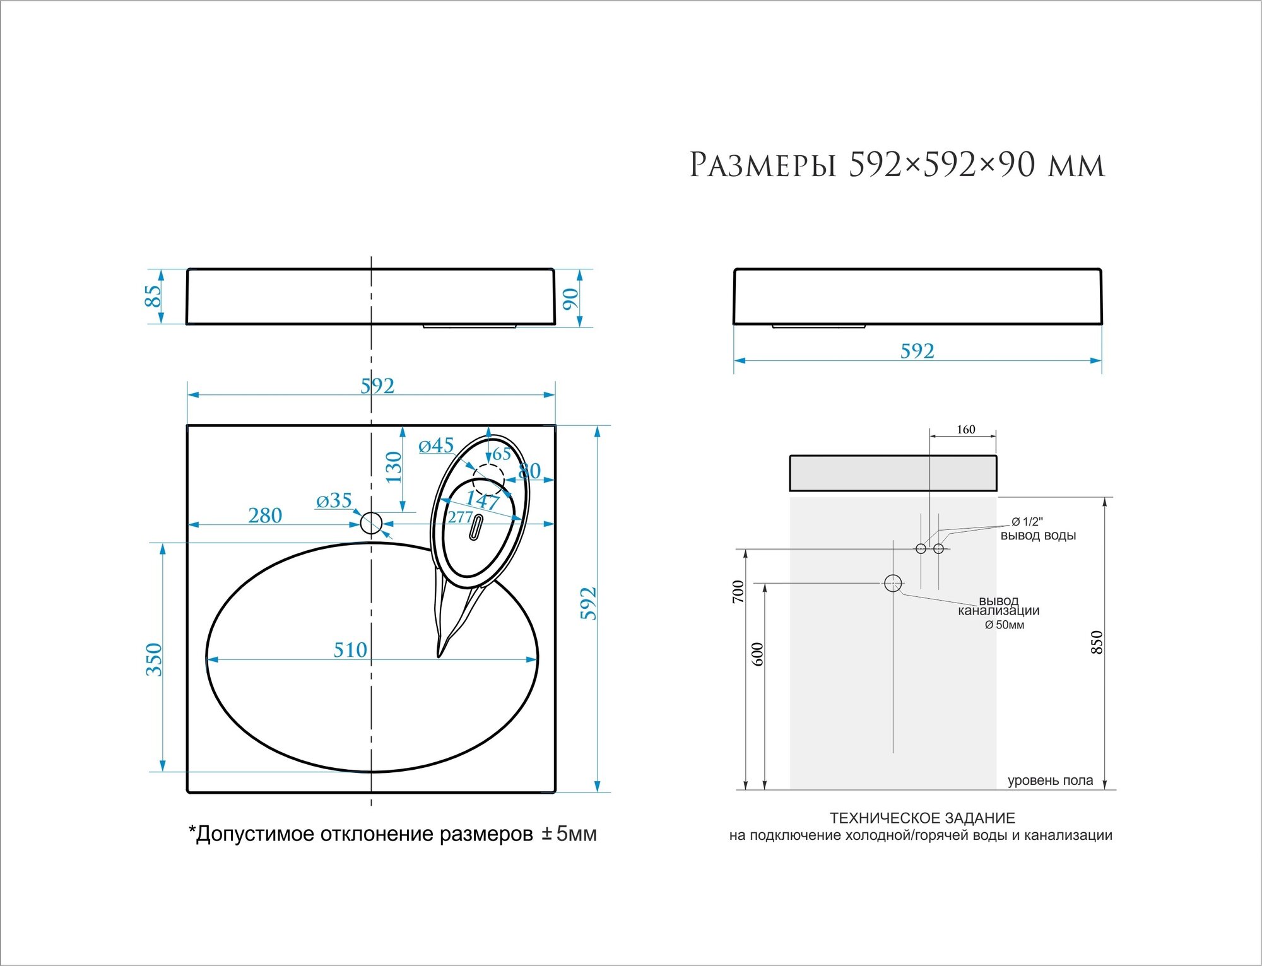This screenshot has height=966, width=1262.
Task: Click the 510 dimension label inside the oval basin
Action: (350, 649)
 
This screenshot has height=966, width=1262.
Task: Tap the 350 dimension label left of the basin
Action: (154, 659)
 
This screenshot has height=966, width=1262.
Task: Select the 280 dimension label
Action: (265, 515)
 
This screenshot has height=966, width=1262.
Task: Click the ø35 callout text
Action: (334, 501)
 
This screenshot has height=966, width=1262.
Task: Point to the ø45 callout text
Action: (436, 446)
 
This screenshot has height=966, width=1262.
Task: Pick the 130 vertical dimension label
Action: (394, 467)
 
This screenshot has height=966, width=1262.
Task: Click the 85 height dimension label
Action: (153, 295)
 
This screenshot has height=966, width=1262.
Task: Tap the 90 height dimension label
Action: (570, 298)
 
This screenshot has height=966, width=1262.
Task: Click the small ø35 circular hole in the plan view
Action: (371, 523)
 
